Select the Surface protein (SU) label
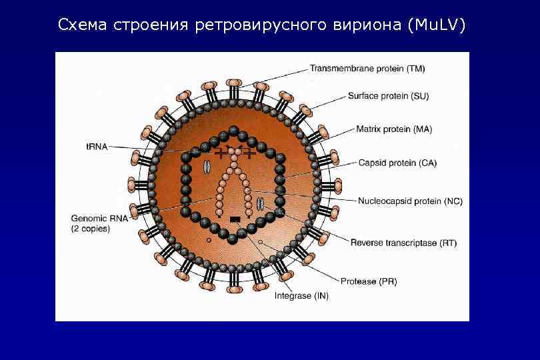pos(388,96)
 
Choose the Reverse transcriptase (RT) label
pos(403,243)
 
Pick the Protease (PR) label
pos(369,281)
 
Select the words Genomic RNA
pos(91,218)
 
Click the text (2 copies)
pos(91,229)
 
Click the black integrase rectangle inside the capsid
pos(235,219)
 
